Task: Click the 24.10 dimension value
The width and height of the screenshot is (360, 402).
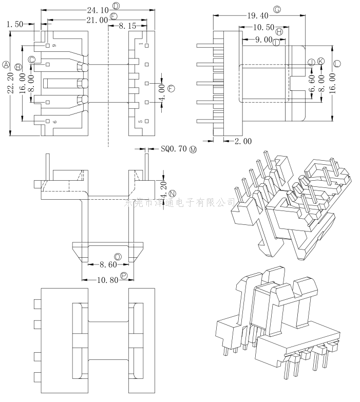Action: tap(98, 10)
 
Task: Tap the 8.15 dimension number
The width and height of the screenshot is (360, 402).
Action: tap(127, 25)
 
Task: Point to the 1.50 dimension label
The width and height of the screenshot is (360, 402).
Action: tap(15, 24)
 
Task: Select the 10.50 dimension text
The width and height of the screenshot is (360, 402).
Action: tap(263, 27)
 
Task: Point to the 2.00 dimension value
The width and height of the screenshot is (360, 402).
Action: tap(243, 141)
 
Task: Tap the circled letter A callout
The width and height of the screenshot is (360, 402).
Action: tap(7, 65)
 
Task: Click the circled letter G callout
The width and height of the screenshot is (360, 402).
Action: tap(277, 10)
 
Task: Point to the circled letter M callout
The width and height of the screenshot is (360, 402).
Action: tap(193, 149)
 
